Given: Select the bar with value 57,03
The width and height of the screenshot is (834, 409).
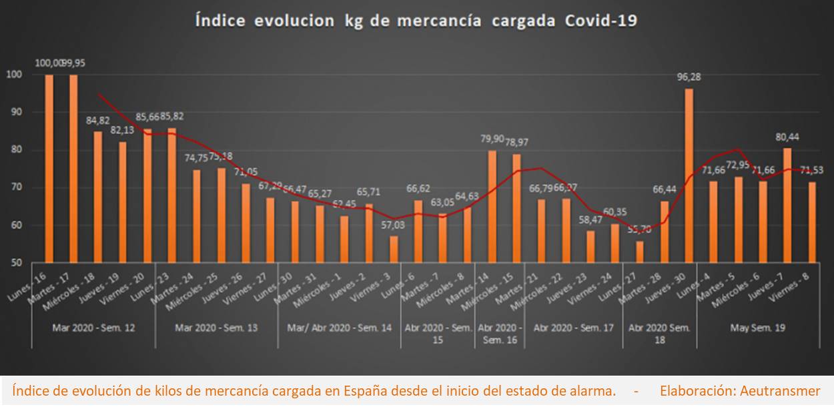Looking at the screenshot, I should click(x=394, y=249).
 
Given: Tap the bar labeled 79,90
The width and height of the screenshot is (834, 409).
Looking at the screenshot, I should click(x=492, y=206).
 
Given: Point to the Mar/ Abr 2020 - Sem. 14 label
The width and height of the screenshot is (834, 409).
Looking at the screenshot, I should click(x=339, y=328).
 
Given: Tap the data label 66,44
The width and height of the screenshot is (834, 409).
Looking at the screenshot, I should click(x=665, y=189).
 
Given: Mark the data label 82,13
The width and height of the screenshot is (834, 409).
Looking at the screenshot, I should click(x=121, y=129).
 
